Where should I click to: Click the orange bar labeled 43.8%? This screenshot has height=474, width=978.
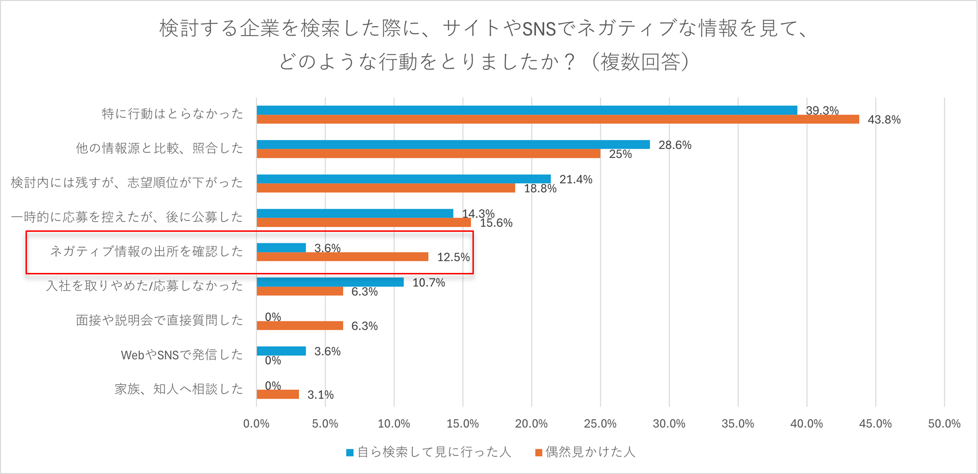coord(558,119)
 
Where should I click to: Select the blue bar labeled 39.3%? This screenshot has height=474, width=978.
coord(527,110)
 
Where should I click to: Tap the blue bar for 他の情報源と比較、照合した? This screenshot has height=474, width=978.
coord(453,145)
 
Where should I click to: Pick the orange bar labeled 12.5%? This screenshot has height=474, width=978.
coord(343,257)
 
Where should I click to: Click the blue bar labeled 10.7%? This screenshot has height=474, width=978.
coord(330,282)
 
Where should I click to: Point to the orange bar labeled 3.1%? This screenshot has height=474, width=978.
coord(278,395)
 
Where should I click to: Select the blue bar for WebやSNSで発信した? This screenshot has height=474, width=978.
coord(281,351)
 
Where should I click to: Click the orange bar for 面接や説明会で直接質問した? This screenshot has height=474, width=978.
coord(300,325)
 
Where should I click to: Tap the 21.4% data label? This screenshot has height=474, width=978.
coord(575,180)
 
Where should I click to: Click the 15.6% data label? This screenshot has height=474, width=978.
coord(496,223)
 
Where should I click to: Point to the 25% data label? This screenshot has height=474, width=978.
coord(620,154)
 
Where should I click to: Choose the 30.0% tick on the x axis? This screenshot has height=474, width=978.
coord(669,424)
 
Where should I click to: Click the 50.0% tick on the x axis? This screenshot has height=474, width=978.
coord(944,424)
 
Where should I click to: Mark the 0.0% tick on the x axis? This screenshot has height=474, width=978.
coord(256,424)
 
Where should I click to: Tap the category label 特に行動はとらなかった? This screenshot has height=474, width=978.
coord(172,114)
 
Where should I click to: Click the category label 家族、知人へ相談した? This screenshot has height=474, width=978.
coord(179,389)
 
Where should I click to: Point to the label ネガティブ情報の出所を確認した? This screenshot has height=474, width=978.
coord(146,251)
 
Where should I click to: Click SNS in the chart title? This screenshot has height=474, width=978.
coord(539,29)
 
